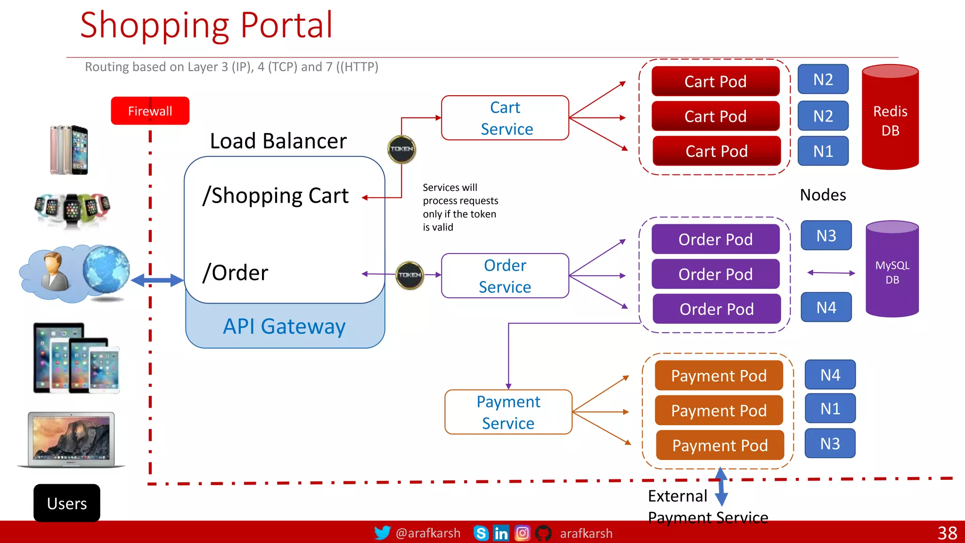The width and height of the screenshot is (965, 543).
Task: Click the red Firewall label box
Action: coord(150,111)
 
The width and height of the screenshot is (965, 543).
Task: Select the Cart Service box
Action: coord(505,118)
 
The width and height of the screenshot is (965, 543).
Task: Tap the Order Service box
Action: coord(505,276)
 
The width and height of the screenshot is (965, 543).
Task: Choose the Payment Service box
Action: coord(508,412)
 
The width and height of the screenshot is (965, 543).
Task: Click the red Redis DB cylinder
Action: coord(890,120)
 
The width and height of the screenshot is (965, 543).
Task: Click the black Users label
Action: coord(67,503)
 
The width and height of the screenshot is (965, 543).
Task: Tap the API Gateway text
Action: coord(284,326)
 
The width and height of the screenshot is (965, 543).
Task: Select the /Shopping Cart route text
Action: coord(276,196)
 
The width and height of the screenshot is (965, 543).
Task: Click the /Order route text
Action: coord(235,273)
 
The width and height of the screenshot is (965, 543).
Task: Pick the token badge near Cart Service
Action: coord(401,149)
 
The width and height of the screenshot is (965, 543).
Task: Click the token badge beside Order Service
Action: coord(409,275)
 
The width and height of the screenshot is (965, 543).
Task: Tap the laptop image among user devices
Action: coord(72,439)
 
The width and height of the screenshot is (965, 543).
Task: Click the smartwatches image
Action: coord(72,209)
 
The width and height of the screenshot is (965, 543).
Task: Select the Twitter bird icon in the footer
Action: coord(382,533)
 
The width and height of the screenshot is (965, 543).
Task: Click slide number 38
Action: coord(947,533)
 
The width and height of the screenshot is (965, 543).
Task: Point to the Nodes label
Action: coord(823,195)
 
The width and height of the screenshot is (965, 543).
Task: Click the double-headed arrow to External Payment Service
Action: coord(721,486)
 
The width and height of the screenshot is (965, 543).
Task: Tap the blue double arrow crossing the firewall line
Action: coord(157,280)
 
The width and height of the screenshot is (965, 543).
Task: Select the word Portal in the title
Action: coord(286,25)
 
